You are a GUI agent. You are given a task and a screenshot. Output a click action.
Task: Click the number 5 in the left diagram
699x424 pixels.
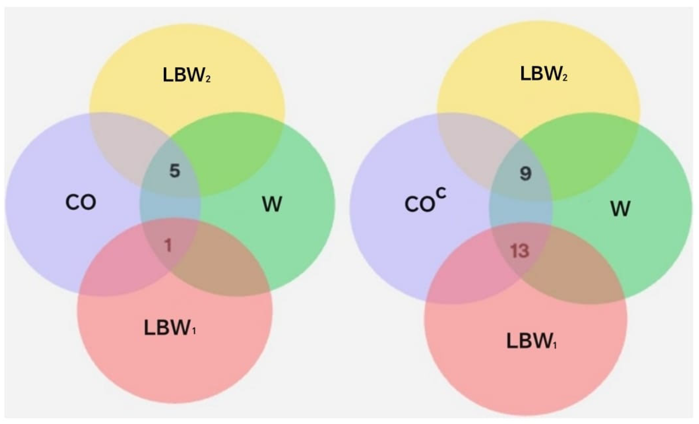pos(175,171)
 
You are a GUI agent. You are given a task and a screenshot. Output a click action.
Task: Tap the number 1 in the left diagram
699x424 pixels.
pos(168,246)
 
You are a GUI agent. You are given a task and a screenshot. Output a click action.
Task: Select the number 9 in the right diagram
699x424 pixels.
pos(525,174)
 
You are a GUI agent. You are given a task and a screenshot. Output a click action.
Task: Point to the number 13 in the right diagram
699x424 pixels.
pos(520,251)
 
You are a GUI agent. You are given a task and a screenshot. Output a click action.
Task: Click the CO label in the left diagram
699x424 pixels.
pos(81,203)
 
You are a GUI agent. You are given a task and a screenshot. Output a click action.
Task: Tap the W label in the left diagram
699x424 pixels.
pos(272,204)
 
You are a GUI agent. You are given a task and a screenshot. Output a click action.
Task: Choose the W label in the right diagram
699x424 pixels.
pos(620,208)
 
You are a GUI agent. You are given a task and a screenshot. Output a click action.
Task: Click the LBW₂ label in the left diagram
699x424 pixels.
pos(186,75)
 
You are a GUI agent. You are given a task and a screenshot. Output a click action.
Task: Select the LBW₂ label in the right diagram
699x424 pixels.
pos(543,74)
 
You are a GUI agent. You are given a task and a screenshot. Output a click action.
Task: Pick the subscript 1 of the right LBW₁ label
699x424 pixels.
pos(555,346)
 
